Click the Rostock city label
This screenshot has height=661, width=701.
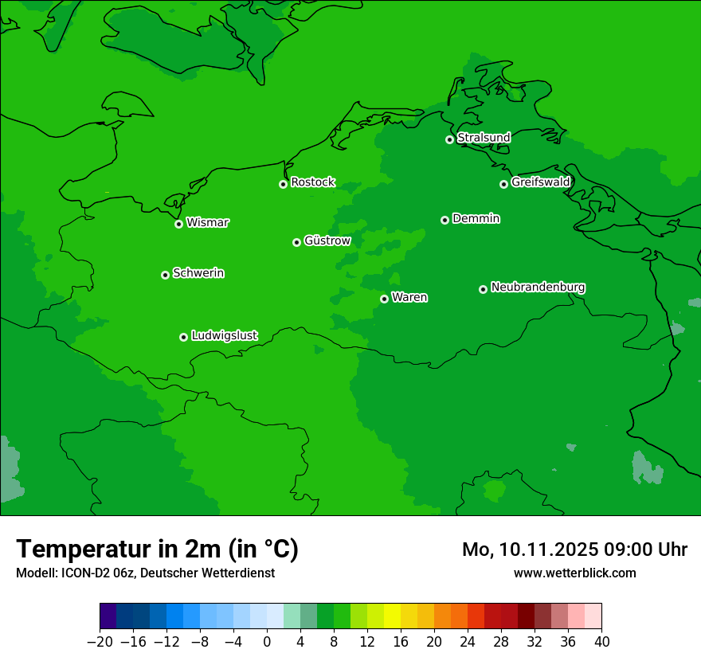312,182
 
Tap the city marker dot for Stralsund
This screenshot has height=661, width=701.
449,139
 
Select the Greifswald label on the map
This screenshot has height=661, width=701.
540,182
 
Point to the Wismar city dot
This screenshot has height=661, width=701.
179,224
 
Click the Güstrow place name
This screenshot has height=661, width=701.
327,241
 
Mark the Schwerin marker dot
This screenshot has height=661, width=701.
165,275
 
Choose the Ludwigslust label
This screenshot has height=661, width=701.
224,336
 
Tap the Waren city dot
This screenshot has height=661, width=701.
384,299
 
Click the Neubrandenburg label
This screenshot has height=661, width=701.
538,287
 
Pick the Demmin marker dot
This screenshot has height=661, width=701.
444,220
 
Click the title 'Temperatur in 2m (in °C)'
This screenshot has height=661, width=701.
157,550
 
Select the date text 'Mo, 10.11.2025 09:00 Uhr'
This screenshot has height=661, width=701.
574,550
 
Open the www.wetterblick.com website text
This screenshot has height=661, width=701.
574,573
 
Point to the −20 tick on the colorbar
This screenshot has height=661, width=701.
100,642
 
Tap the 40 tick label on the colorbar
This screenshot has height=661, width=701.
601,642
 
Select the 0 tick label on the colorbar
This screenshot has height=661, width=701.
267,642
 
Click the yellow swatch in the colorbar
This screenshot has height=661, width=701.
392,616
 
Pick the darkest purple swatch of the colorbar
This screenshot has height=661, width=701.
108,616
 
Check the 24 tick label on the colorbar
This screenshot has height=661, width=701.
468,642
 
